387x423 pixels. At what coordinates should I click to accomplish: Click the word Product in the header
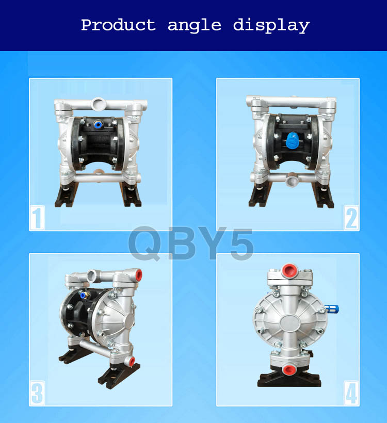[119, 25]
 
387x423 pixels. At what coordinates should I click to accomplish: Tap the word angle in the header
[195, 26]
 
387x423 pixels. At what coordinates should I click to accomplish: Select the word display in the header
[271, 26]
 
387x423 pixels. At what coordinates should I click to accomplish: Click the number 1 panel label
[37, 218]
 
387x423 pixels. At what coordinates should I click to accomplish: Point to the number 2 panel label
[351, 218]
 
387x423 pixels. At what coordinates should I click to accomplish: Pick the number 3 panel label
[37, 393]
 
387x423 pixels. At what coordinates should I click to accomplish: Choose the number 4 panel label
[351, 393]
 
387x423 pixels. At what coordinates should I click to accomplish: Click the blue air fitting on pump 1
[98, 125]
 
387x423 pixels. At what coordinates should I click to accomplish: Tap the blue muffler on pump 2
[292, 140]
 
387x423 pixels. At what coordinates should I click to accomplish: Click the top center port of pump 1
[98, 104]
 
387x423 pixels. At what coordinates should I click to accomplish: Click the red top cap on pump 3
[139, 275]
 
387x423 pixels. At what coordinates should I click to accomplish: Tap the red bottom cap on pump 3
[132, 361]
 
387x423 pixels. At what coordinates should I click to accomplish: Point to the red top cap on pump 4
[288, 271]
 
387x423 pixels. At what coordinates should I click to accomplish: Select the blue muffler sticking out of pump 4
[332, 309]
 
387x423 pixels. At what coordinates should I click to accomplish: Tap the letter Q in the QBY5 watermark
[146, 243]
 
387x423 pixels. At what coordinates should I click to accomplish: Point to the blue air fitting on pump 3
[84, 295]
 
